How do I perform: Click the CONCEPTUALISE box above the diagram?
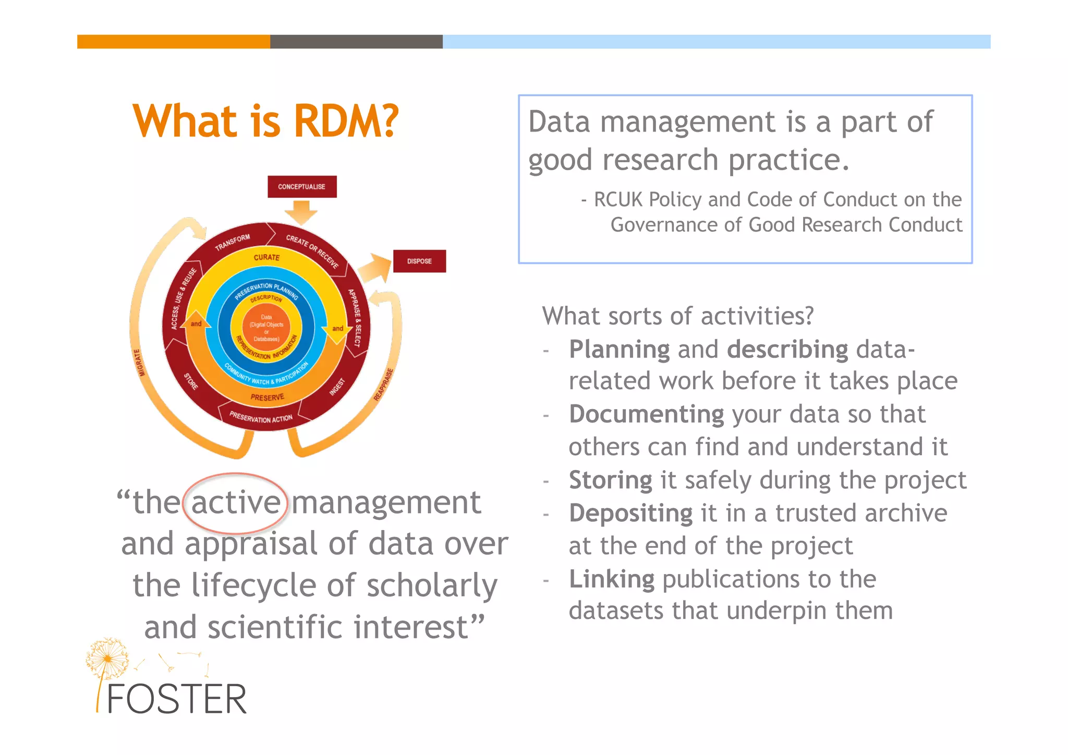[x=302, y=187]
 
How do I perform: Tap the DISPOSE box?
[x=419, y=261]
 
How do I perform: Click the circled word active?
[x=236, y=502]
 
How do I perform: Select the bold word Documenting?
[x=646, y=414]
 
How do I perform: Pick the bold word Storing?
[x=610, y=480]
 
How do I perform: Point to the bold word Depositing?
[x=630, y=513]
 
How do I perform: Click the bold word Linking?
[x=611, y=579]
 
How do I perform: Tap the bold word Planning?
[x=619, y=350]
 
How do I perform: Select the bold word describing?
[x=787, y=350]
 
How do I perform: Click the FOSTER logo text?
[x=176, y=700]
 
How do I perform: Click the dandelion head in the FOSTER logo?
[x=107, y=657]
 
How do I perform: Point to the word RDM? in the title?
[x=346, y=121]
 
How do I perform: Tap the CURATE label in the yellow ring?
[x=266, y=257]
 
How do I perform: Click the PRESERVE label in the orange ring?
[x=267, y=398]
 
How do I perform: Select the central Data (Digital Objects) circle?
[x=266, y=328]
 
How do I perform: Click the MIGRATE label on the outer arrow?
[x=139, y=362]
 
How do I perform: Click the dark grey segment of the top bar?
[x=356, y=42]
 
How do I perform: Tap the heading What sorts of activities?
[x=677, y=316]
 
